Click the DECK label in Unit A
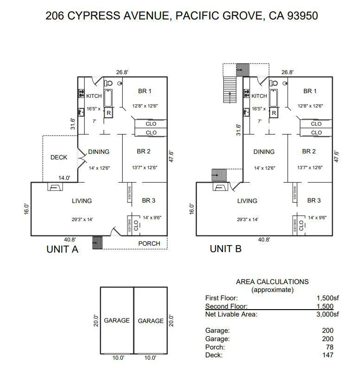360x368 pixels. click(59, 157)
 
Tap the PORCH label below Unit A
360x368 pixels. click(149, 243)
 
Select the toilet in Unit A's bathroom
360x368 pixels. click(108, 83)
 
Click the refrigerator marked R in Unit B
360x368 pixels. click(274, 113)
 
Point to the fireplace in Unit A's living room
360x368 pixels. click(55, 187)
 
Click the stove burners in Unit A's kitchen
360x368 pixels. click(81, 94)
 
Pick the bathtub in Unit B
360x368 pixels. click(273, 98)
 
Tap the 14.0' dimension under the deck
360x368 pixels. click(64, 178)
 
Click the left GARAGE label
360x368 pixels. click(117, 320)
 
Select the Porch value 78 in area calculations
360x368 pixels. click(329, 347)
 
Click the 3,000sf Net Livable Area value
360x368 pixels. click(328, 314)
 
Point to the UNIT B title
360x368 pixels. click(226, 249)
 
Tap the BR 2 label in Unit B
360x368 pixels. click(309, 152)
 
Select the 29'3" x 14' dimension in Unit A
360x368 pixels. click(82, 219)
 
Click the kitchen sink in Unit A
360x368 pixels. click(81, 112)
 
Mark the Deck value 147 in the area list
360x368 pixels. click(328, 355)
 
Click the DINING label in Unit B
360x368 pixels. click(264, 152)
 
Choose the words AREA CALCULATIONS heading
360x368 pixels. click(272, 282)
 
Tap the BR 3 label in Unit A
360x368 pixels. click(149, 200)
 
